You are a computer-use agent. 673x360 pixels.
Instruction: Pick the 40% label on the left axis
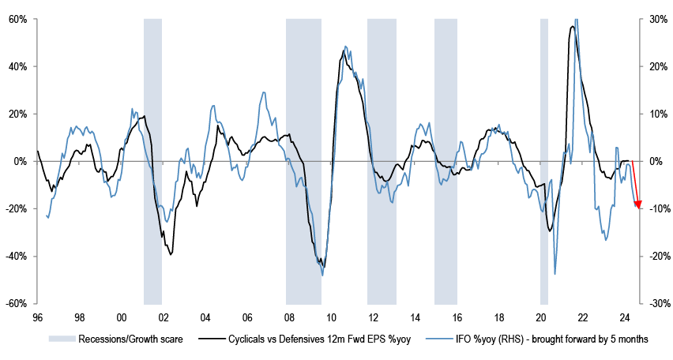click(18, 66)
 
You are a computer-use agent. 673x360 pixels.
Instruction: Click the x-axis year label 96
click(37, 318)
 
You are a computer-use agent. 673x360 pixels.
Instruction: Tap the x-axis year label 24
click(624, 318)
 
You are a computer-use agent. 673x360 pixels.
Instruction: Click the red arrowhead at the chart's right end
click(638, 206)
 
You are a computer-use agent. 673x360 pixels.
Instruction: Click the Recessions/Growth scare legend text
click(117, 339)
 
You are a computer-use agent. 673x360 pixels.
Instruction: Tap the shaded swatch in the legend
click(58, 339)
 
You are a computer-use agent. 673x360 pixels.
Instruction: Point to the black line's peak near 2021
click(571, 27)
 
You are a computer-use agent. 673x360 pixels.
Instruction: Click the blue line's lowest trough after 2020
click(555, 274)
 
